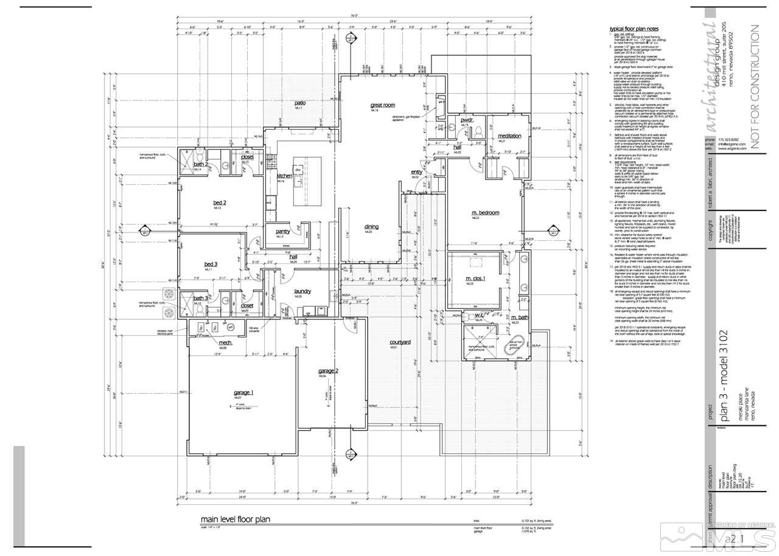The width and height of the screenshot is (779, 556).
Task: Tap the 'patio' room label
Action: pos(300,103)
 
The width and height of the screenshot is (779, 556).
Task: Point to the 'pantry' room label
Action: pos(282,231)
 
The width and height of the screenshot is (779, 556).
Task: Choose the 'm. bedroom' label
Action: pos(485,212)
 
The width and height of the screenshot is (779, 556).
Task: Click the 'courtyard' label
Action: pos(400,342)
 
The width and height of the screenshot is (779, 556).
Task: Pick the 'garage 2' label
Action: pos(328,370)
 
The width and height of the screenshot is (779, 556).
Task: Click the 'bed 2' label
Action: pos(203,203)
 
